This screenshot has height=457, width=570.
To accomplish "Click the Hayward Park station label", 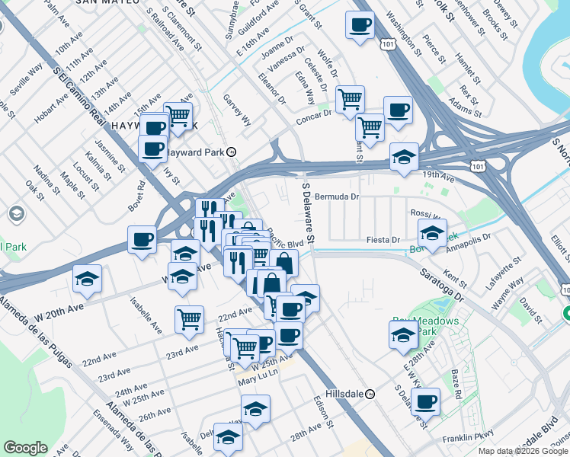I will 195,152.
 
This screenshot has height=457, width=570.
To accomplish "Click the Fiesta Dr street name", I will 383,240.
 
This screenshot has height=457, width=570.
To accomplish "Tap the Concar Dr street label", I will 314,114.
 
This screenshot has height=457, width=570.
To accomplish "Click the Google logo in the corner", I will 25,448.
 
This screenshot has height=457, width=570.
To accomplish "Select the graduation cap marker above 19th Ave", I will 404,157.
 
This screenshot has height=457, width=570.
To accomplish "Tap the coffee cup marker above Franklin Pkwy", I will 426,401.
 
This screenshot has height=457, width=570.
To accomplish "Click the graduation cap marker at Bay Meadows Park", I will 403,334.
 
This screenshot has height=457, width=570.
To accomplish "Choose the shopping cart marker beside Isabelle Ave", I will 189,319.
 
